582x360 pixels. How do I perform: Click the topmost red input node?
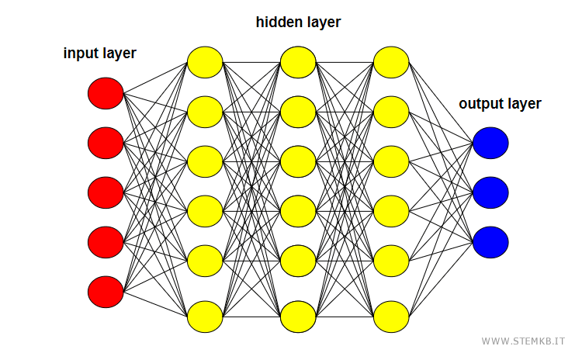(106, 94)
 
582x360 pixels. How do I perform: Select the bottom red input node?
(106, 292)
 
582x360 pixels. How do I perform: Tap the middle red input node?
(106, 192)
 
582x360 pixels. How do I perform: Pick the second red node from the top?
(106, 143)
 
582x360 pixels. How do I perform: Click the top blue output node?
(490, 143)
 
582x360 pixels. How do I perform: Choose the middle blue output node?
(490, 192)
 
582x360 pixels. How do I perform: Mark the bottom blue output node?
(490, 241)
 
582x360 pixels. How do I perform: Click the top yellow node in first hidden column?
(205, 62)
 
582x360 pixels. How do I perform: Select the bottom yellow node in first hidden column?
(205, 317)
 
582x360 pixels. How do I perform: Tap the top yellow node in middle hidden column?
(298, 62)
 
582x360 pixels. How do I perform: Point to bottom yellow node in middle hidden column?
(298, 317)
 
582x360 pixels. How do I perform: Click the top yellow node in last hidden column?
(391, 62)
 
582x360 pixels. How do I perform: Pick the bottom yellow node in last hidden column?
(391, 317)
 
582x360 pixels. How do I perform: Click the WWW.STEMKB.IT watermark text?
(524, 341)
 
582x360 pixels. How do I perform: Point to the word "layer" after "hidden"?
(323, 22)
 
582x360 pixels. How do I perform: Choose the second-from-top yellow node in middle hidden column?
(298, 112)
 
